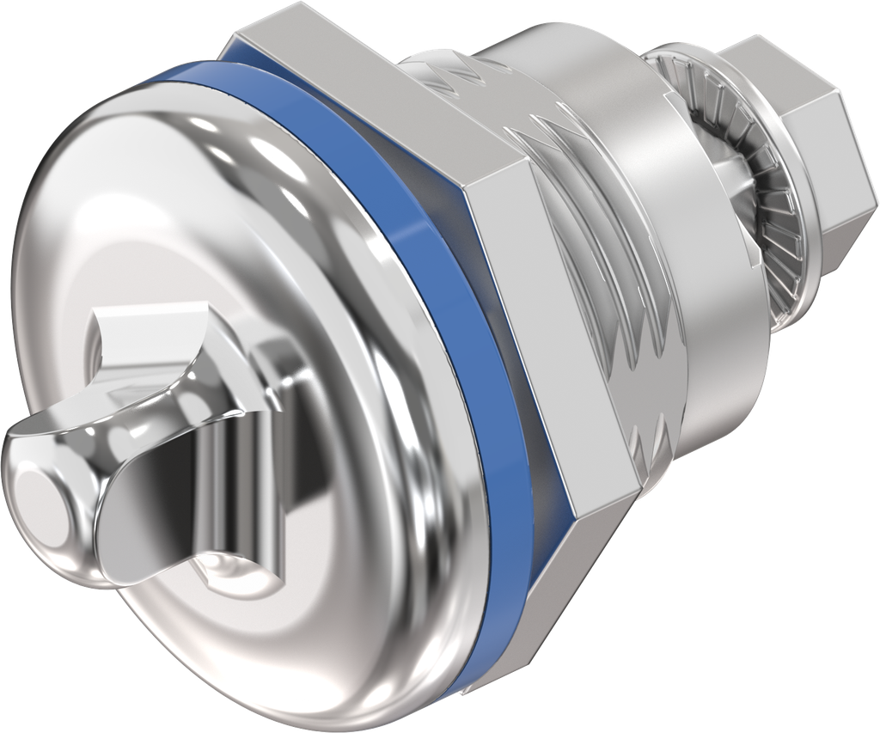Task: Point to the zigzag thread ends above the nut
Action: [x=447, y=73]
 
